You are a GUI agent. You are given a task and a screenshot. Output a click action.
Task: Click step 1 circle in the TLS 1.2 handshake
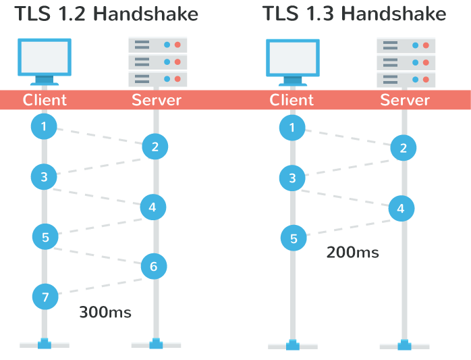pos(44,126)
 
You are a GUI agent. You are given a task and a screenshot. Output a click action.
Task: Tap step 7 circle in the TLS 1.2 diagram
pos(45,297)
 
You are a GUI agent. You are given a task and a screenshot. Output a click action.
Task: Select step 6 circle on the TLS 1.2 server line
pos(154,267)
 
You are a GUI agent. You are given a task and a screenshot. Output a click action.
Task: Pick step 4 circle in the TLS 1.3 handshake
pos(401,209)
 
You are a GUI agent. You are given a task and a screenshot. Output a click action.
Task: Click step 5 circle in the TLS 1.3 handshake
pos(294,238)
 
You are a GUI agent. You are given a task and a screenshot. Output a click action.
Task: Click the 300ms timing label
pos(105,312)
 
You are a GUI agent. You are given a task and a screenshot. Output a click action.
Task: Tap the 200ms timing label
pos(352,253)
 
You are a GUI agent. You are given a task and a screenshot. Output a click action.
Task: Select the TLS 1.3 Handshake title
pos(354,15)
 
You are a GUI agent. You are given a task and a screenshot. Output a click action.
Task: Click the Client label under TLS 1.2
pos(45,100)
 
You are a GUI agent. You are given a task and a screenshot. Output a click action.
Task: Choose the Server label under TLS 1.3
pos(405,100)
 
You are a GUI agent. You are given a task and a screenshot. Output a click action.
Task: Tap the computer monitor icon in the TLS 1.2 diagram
pos(45,61)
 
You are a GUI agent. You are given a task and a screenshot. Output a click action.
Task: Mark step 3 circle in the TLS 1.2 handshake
pos(44,177)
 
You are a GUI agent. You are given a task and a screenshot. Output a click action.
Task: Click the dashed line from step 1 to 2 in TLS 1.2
pos(99,136)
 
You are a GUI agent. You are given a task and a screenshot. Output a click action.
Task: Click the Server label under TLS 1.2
pos(157,100)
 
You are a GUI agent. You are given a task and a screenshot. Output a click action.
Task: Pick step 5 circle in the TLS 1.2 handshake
pos(45,237)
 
